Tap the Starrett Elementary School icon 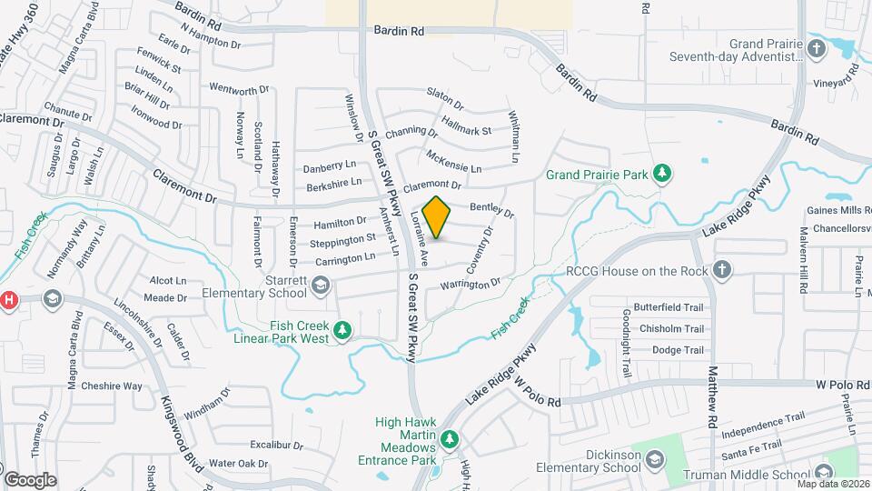(x=320, y=286)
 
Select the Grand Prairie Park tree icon (x=663, y=173)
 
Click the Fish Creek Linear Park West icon (x=342, y=330)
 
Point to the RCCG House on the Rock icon (x=721, y=270)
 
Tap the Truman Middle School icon (x=824, y=473)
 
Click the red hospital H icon (x=9, y=299)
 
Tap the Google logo (x=30, y=480)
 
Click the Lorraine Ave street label (x=421, y=232)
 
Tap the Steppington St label (x=342, y=240)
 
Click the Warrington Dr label (x=471, y=286)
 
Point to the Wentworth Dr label (x=240, y=89)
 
